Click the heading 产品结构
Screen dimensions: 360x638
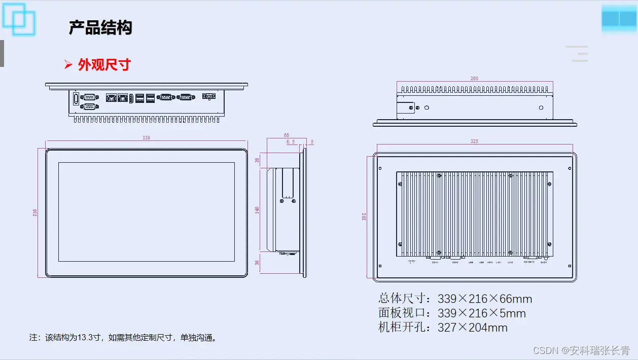click(x=100, y=27)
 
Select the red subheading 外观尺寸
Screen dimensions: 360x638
click(x=104, y=64)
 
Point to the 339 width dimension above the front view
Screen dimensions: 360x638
click(x=146, y=138)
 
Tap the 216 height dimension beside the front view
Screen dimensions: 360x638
click(x=35, y=212)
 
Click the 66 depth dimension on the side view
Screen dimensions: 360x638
click(x=287, y=135)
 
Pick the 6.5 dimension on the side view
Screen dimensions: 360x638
click(x=291, y=142)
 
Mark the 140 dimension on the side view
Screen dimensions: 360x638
click(x=257, y=209)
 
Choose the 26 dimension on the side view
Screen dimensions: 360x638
click(x=257, y=160)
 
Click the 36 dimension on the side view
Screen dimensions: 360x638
click(x=257, y=263)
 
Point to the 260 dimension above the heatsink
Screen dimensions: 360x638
click(x=474, y=79)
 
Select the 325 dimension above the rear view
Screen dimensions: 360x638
click(x=474, y=141)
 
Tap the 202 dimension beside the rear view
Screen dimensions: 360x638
click(x=364, y=217)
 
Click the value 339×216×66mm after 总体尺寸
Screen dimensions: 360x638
click(x=485, y=299)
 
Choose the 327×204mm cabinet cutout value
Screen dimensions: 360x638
click(x=473, y=328)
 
